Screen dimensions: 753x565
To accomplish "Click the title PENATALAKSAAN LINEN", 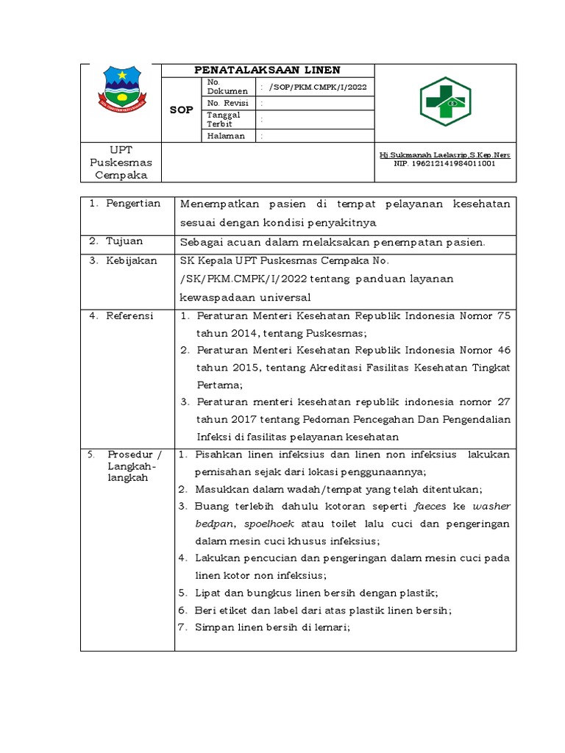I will (267, 70).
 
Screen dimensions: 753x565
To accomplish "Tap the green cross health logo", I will (446, 102).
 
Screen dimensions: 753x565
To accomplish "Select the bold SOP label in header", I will (181, 110).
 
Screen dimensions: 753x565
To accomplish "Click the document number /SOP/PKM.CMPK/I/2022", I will (318, 87).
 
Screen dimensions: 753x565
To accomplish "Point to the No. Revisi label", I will (226, 104).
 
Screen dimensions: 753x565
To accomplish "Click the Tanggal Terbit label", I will (221, 120).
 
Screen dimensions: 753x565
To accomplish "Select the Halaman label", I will (226, 136).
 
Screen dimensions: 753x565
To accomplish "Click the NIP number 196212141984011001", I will (444, 164).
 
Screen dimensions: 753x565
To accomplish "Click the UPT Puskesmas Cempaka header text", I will (121, 163).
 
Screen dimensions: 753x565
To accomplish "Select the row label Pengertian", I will (132, 204).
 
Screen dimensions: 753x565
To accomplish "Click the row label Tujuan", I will (124, 241).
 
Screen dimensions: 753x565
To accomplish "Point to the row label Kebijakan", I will (132, 261).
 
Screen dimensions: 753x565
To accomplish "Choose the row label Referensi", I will (129, 316).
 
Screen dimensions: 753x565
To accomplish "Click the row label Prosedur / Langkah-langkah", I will (129, 466).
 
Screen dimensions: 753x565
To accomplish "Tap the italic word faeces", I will (430, 507).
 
